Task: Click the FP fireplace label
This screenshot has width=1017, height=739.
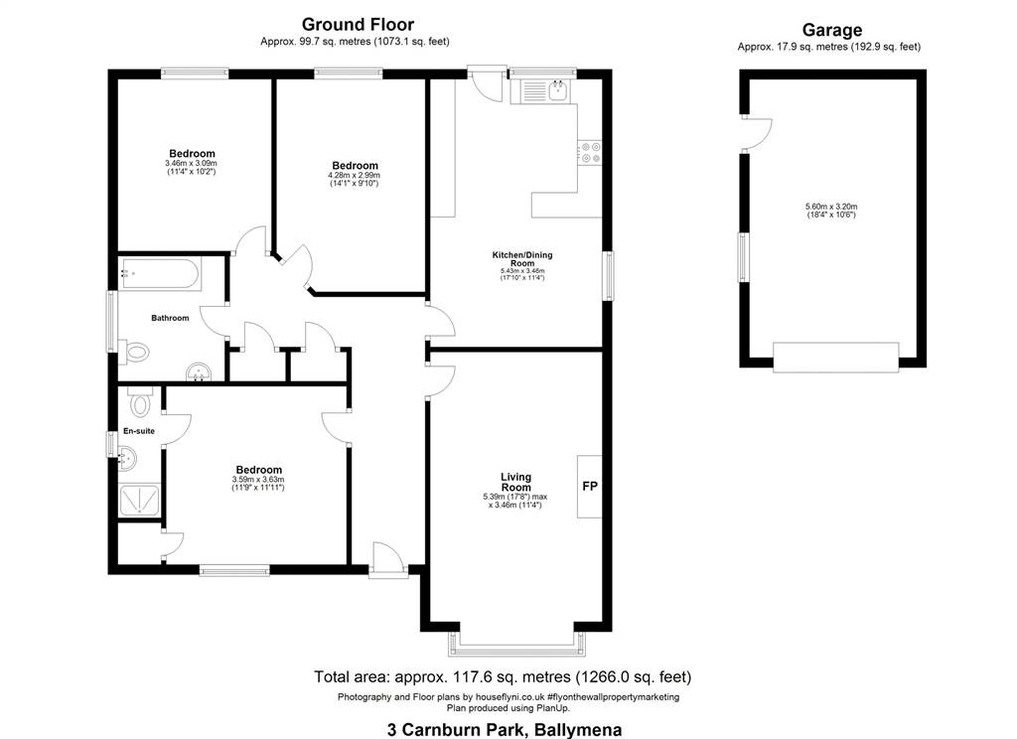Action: click(x=590, y=486)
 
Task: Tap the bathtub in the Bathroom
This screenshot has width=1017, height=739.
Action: click(x=160, y=274)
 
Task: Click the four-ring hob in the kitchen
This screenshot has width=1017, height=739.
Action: click(x=590, y=153)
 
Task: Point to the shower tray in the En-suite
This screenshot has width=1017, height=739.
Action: click(x=139, y=500)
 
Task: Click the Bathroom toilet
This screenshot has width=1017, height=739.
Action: click(x=136, y=353)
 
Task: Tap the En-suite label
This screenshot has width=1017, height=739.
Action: click(x=139, y=431)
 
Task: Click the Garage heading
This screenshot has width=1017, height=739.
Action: click(x=832, y=30)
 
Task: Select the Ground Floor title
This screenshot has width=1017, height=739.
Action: click(x=358, y=25)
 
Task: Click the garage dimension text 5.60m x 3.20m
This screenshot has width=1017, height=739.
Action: click(x=831, y=207)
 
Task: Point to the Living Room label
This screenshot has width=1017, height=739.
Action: click(x=515, y=482)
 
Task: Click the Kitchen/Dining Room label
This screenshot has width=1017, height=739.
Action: click(x=522, y=259)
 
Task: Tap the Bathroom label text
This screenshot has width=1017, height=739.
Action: click(x=170, y=318)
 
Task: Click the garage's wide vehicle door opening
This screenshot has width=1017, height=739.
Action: click(x=836, y=358)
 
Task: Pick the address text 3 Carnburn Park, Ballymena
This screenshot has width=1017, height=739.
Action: click(x=505, y=729)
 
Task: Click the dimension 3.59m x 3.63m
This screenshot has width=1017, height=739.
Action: click(x=258, y=480)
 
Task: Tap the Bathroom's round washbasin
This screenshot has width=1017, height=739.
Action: click(x=199, y=372)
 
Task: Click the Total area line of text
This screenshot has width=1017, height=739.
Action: click(x=503, y=677)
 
